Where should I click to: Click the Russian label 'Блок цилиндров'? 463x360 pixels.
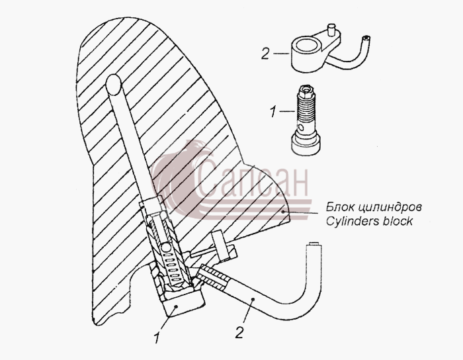tap(374, 207)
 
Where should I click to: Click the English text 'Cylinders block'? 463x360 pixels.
tap(369, 221)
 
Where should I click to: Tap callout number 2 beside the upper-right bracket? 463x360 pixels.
tap(265, 54)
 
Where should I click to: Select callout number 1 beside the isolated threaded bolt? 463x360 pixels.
tap(273, 112)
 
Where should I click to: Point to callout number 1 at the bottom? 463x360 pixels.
tap(157, 338)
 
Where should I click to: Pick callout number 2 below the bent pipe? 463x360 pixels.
tap(239, 332)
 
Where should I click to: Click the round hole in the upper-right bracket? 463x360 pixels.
tap(308, 46)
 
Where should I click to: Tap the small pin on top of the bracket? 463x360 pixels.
tap(331, 30)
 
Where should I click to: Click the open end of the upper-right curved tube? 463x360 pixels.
tap(366, 38)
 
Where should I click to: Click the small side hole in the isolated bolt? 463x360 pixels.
tap(300, 128)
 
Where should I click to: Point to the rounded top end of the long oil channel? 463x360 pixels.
tap(114, 83)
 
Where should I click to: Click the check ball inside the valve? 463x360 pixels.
tap(165, 247)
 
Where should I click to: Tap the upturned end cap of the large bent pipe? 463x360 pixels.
tap(314, 245)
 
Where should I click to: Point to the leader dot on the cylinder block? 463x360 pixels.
tap(283, 211)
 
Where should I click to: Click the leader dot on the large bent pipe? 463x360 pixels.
tap(253, 300)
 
